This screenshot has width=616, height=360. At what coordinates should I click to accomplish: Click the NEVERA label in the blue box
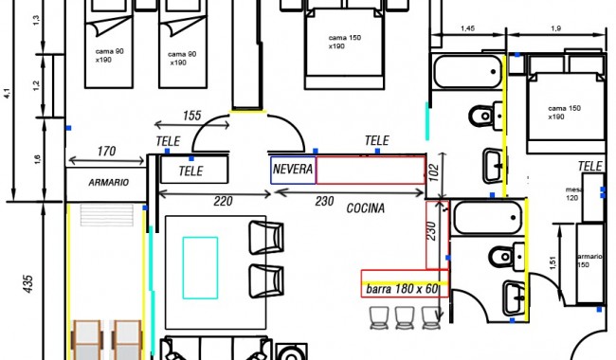[293, 170]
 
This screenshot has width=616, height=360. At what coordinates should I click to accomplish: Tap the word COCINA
[366, 208]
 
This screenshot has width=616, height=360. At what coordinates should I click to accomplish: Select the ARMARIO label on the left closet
[108, 183]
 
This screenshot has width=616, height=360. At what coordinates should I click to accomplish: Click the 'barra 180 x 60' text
[402, 289]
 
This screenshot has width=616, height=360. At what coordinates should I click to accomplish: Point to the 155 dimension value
[191, 116]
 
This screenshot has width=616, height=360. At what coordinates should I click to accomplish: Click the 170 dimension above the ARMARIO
[106, 152]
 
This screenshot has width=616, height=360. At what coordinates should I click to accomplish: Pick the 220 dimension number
[223, 202]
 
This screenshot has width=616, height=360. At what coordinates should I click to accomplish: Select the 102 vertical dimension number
[434, 172]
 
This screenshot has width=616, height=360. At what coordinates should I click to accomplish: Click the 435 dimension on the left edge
[27, 284]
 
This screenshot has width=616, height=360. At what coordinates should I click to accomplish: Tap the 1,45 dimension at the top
[467, 28]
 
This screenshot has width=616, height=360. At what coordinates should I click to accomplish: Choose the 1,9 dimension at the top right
[556, 28]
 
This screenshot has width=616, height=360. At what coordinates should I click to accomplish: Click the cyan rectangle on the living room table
[200, 268]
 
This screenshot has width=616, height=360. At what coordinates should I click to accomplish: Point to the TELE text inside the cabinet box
[190, 171]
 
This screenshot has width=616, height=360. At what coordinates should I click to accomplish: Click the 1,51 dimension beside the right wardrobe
[553, 262]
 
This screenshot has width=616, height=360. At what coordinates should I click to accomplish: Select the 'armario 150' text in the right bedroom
[589, 261]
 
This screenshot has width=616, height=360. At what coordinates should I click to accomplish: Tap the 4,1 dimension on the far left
[7, 94]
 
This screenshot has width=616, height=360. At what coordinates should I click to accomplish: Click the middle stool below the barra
[405, 317]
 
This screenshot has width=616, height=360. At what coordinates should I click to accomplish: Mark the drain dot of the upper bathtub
[494, 72]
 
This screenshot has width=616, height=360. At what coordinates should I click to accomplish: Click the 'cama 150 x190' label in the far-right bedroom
[564, 113]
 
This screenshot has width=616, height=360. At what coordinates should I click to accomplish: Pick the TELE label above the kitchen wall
[377, 140]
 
